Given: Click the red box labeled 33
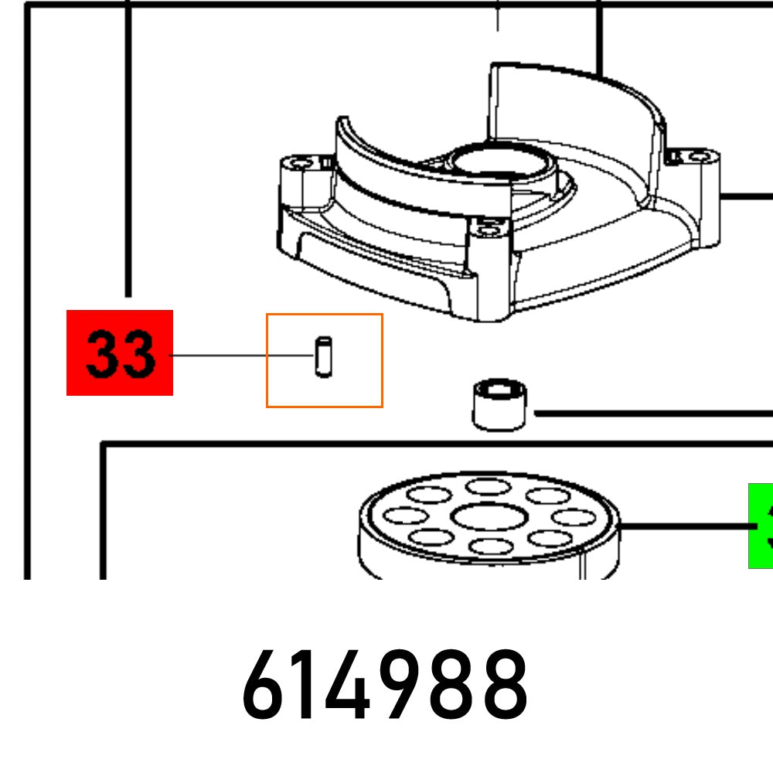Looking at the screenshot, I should point(120,352).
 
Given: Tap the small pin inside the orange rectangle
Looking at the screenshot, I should point(324,356).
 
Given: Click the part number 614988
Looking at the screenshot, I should point(385,685).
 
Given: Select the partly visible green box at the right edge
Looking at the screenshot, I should point(761,526).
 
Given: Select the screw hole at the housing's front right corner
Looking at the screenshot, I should point(488,227).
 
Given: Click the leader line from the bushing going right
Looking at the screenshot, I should point(649,414).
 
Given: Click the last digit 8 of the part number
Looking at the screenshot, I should point(504,685).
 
